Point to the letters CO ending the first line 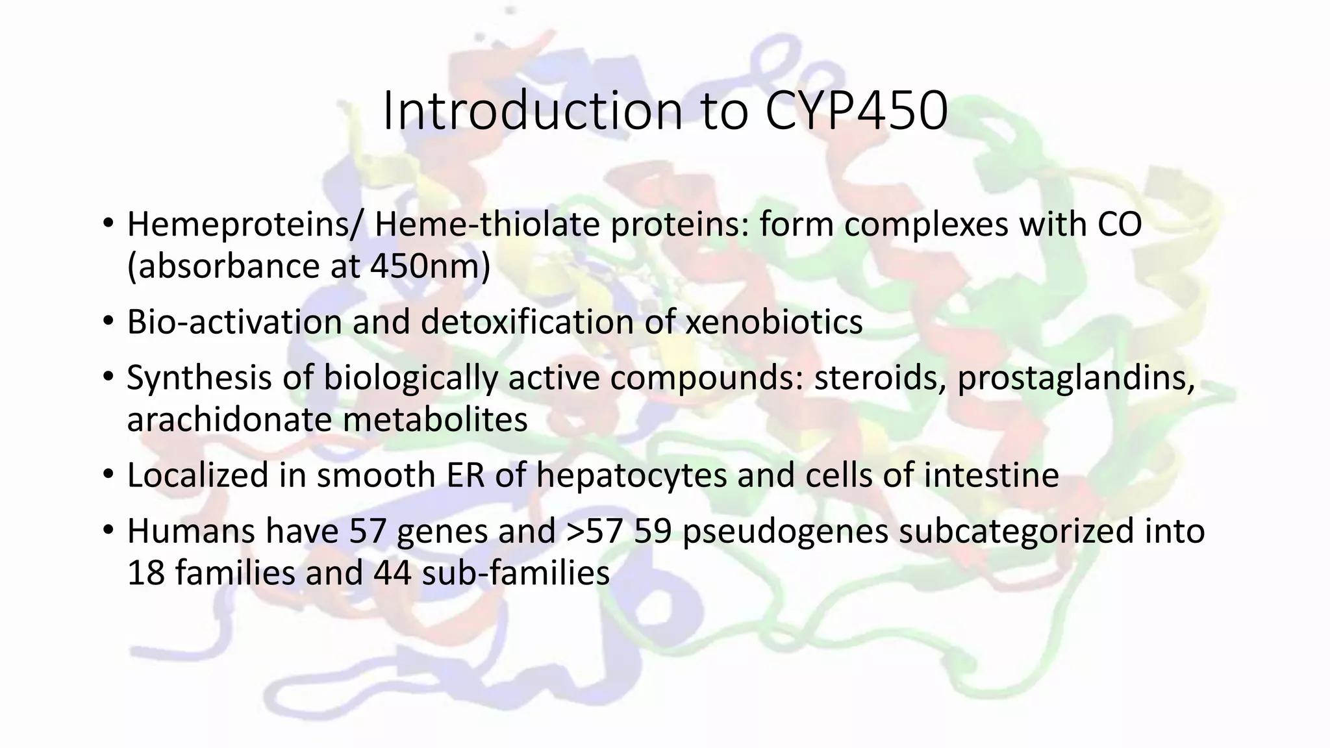pyautogui.click(x=1120, y=225)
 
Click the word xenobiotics pyautogui.click(x=774, y=322)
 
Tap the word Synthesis pyautogui.click(x=199, y=378)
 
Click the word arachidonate pyautogui.click(x=229, y=419)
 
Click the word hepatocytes pyautogui.click(x=631, y=475)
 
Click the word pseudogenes pyautogui.click(x=785, y=531)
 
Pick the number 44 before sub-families pyautogui.click(x=392, y=573)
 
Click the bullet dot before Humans pyautogui.click(x=108, y=531)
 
